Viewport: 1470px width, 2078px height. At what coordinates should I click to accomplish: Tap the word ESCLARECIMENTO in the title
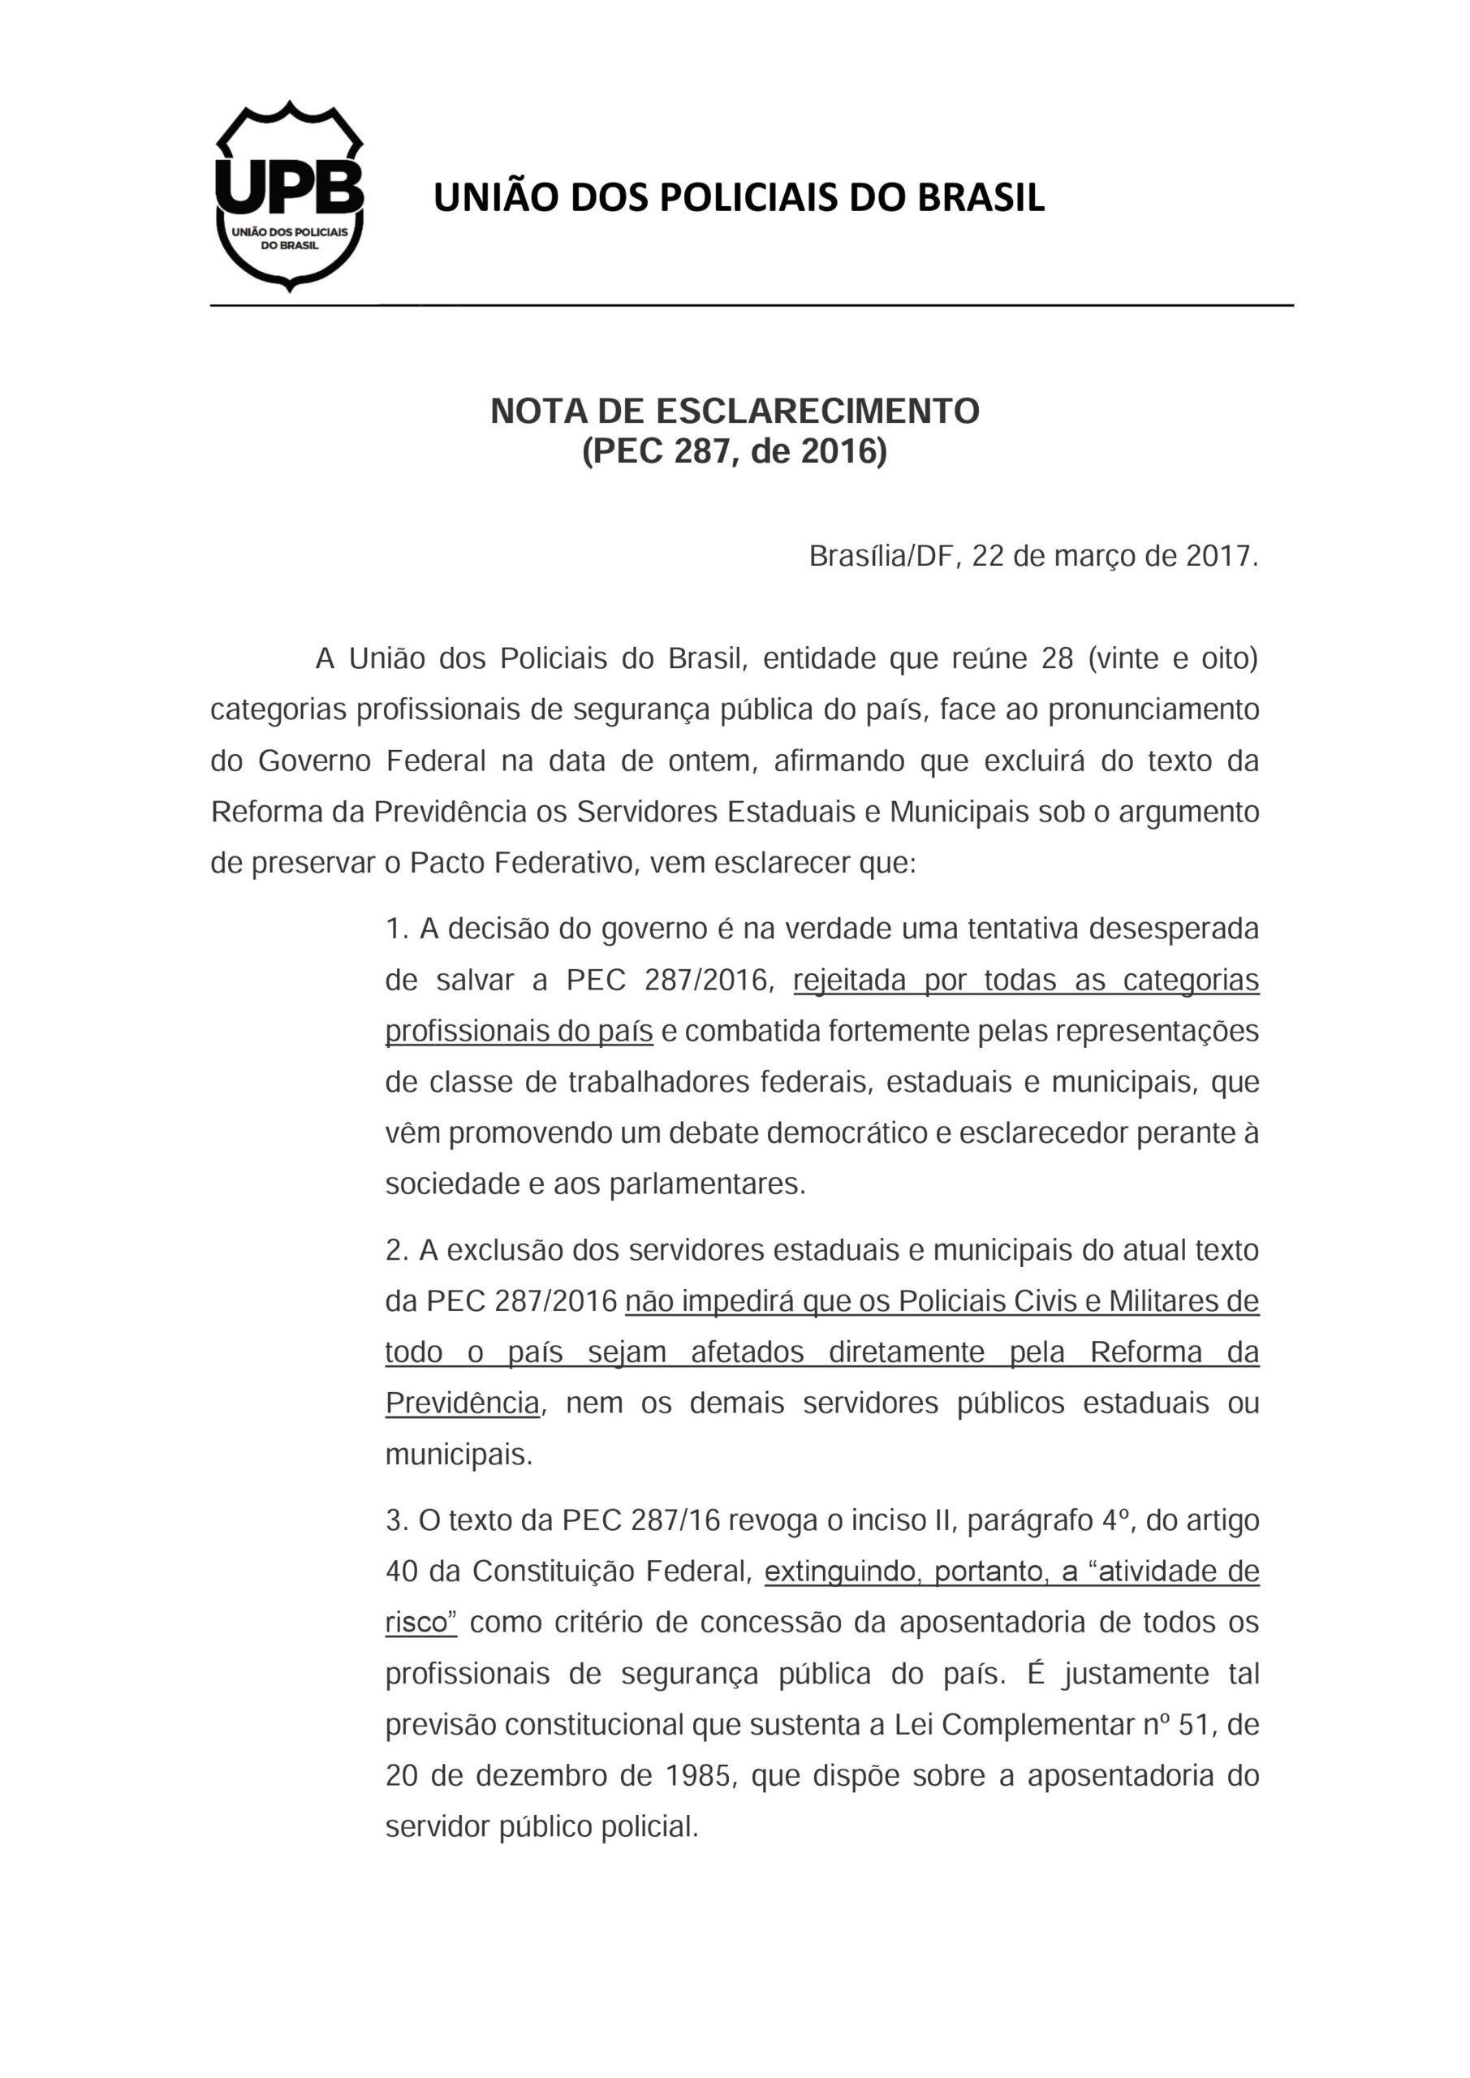[817, 412]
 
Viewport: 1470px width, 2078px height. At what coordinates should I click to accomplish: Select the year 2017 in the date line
[1218, 556]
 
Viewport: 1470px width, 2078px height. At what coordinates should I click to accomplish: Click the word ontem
[709, 761]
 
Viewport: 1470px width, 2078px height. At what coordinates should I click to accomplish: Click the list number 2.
[395, 1251]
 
